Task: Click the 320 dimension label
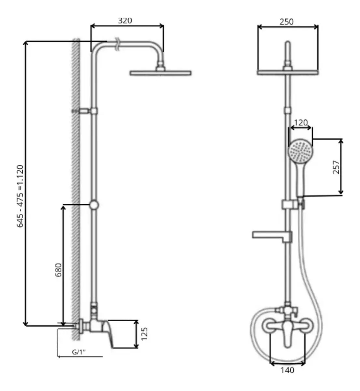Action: pyautogui.click(x=125, y=21)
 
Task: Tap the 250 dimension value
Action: pyautogui.click(x=286, y=22)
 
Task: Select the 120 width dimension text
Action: pyautogui.click(x=301, y=123)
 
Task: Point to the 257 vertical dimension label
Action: pyautogui.click(x=336, y=167)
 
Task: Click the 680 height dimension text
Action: pyautogui.click(x=58, y=270)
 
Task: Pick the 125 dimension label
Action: pyautogui.click(x=144, y=334)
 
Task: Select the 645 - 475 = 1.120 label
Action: pyautogui.click(x=20, y=196)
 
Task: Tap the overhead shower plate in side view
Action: pyautogui.click(x=160, y=73)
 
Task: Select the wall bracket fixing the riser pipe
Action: pyautogui.click(x=84, y=111)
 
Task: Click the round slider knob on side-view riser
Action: pyautogui.click(x=94, y=205)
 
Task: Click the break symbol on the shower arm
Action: pyautogui.click(x=117, y=44)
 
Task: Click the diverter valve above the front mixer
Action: pyautogui.click(x=288, y=310)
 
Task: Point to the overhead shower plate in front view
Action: pyautogui.click(x=288, y=73)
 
